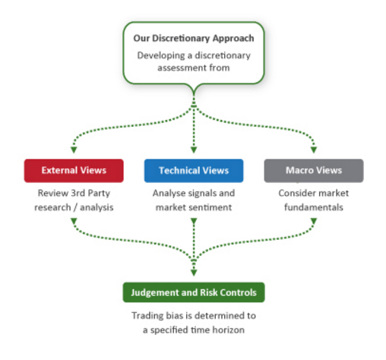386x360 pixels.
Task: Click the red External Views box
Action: [x=74, y=171]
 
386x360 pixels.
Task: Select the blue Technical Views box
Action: [x=194, y=171]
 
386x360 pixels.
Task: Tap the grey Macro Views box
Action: [x=314, y=171]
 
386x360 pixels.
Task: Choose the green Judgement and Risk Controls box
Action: [x=194, y=292]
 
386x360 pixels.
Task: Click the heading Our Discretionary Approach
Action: [x=194, y=38]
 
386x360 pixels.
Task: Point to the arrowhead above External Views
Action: [x=74, y=150]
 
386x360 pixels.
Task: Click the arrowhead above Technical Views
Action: [x=194, y=150]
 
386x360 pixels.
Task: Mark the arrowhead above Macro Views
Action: [x=314, y=150]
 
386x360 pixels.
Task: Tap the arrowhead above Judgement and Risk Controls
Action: [x=194, y=273]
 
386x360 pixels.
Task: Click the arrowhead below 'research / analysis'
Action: [x=74, y=221]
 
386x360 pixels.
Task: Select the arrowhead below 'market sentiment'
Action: [x=194, y=221]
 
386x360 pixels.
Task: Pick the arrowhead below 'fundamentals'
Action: [x=314, y=221]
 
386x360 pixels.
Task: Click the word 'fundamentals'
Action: [x=314, y=207]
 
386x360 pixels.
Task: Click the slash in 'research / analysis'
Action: [x=75, y=207]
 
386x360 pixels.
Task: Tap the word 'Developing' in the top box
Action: [x=161, y=56]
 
